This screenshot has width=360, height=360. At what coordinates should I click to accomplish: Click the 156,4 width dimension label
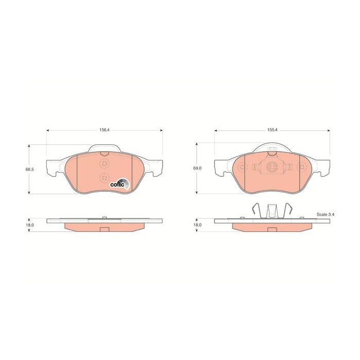tap(104, 130)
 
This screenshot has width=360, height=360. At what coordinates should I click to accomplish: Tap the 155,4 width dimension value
tap(272, 130)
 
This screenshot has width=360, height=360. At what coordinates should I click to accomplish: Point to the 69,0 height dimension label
tap(197, 168)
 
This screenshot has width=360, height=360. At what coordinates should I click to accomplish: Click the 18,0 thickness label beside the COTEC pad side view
tap(30, 225)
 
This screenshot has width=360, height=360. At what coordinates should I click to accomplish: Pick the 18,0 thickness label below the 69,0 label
tap(197, 225)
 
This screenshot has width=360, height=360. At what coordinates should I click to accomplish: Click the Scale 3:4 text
tap(326, 214)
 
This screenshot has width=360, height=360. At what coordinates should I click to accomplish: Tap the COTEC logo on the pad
tap(119, 184)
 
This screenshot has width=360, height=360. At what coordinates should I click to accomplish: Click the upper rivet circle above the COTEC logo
tap(104, 164)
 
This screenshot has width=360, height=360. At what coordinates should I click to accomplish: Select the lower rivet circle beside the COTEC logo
tap(104, 178)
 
